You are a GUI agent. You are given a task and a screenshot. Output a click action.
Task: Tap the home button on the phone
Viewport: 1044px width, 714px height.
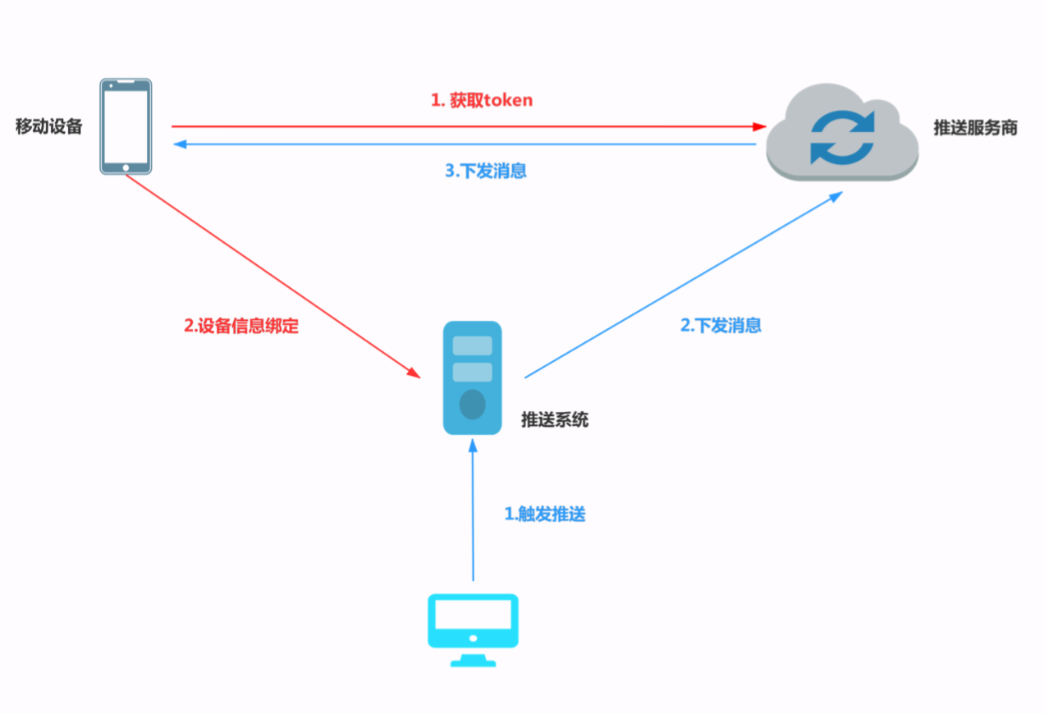pyautogui.click(x=126, y=167)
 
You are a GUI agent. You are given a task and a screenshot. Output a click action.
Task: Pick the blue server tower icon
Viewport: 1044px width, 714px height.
pyautogui.click(x=472, y=378)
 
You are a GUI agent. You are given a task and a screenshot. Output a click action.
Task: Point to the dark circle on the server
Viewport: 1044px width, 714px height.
pyautogui.click(x=472, y=405)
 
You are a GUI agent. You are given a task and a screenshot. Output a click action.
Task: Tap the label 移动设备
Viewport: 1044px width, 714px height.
pyautogui.click(x=49, y=127)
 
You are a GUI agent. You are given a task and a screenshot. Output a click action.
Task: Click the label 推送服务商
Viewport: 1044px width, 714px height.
pyautogui.click(x=975, y=128)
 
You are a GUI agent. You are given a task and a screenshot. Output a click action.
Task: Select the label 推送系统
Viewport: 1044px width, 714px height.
pyautogui.click(x=555, y=420)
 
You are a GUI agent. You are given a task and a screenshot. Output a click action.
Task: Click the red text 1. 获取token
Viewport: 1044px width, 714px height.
pyautogui.click(x=482, y=100)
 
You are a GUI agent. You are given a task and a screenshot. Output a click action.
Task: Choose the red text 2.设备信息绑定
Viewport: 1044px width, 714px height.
pyautogui.click(x=241, y=326)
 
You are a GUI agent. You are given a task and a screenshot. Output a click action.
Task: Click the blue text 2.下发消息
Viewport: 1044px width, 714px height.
pyautogui.click(x=721, y=325)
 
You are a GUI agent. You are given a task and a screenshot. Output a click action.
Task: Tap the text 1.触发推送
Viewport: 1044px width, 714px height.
pyautogui.click(x=545, y=515)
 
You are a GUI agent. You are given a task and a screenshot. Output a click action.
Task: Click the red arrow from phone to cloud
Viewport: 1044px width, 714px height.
pyautogui.click(x=468, y=126)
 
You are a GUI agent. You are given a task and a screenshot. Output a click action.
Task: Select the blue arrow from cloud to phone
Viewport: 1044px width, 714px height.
pyautogui.click(x=468, y=144)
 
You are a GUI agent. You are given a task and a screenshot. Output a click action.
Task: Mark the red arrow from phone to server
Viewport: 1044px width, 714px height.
pyautogui.click(x=271, y=275)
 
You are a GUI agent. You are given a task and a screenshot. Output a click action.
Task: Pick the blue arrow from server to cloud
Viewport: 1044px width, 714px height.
pyautogui.click(x=681, y=286)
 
